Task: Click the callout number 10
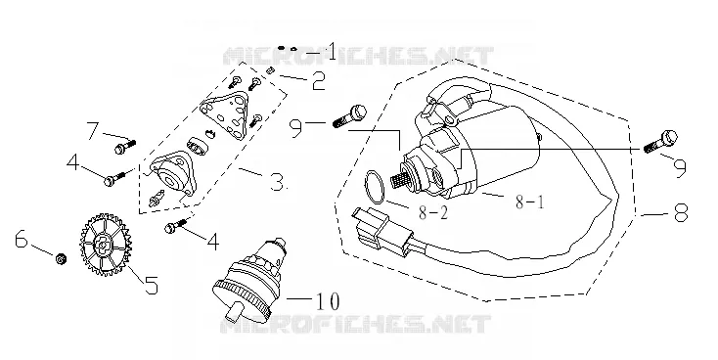point(327,301)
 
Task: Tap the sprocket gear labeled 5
point(106,245)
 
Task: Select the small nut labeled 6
point(60,259)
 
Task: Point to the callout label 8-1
point(530,202)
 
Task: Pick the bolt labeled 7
point(124,147)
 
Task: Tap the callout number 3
point(277,182)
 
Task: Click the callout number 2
point(318,80)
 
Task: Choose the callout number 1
point(331,51)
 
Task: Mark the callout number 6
point(22,239)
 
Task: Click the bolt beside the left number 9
point(350,115)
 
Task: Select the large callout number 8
point(681,212)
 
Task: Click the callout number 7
point(93,130)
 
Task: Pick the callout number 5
point(151,285)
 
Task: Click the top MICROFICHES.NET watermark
point(358,56)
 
